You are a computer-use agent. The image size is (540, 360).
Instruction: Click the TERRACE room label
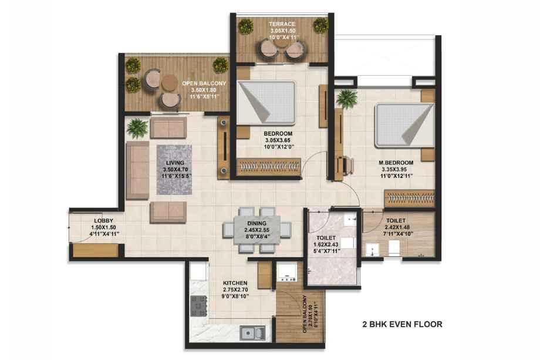(x=282, y=24)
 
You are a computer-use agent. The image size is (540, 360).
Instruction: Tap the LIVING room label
(x=175, y=163)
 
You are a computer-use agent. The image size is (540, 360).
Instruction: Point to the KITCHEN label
(x=235, y=283)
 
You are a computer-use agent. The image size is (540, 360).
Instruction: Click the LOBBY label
(x=104, y=221)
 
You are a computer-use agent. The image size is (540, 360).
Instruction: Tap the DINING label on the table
(x=256, y=223)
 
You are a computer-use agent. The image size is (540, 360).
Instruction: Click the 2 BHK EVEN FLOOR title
(x=402, y=324)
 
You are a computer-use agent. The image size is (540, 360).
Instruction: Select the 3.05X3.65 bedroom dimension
(x=279, y=140)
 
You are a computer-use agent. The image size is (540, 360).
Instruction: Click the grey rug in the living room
(x=174, y=170)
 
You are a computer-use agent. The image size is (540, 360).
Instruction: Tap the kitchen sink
(x=253, y=333)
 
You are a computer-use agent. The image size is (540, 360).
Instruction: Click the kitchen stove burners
(x=199, y=305)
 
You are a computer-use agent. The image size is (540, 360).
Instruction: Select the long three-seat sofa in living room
(x=137, y=170)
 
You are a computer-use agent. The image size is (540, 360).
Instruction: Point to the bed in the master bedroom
(x=404, y=126)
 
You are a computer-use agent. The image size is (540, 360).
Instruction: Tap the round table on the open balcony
(x=170, y=82)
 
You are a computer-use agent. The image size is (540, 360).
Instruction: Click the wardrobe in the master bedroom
(x=409, y=198)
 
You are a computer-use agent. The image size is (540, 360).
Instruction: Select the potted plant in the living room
(x=137, y=128)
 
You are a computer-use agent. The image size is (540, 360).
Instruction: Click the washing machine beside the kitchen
(x=286, y=272)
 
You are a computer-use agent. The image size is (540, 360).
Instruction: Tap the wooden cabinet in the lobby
(x=96, y=250)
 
